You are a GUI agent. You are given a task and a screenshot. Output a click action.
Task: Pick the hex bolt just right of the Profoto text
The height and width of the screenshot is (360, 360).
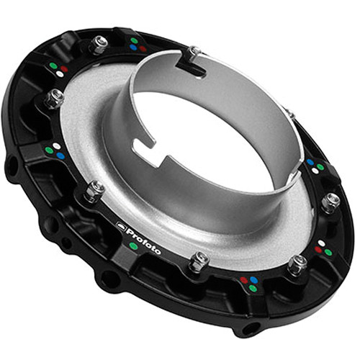(x=199, y=261)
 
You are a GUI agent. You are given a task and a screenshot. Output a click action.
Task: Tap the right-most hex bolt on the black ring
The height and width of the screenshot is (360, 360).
(x=330, y=202)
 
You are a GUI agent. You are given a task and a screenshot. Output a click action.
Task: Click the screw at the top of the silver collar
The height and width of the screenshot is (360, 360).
(x=192, y=53)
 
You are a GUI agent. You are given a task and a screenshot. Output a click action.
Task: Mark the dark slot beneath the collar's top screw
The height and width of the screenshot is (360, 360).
(x=196, y=69)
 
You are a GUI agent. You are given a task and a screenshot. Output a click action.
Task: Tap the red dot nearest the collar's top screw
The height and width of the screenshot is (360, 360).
(x=143, y=49)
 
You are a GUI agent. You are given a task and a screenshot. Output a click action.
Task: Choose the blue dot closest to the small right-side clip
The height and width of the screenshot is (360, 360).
(x=310, y=163)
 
